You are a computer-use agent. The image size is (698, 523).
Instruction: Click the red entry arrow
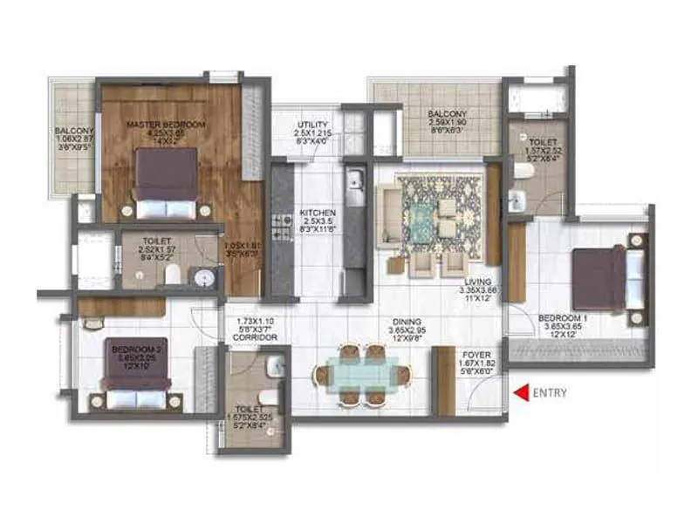click(521, 392)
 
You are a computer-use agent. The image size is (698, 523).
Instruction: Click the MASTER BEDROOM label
click(166, 126)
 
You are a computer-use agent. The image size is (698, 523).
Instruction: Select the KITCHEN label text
click(312, 213)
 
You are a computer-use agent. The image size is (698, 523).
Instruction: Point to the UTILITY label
click(311, 126)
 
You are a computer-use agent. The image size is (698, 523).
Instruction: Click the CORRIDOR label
click(257, 336)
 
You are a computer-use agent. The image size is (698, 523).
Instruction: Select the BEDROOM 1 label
click(562, 319)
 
